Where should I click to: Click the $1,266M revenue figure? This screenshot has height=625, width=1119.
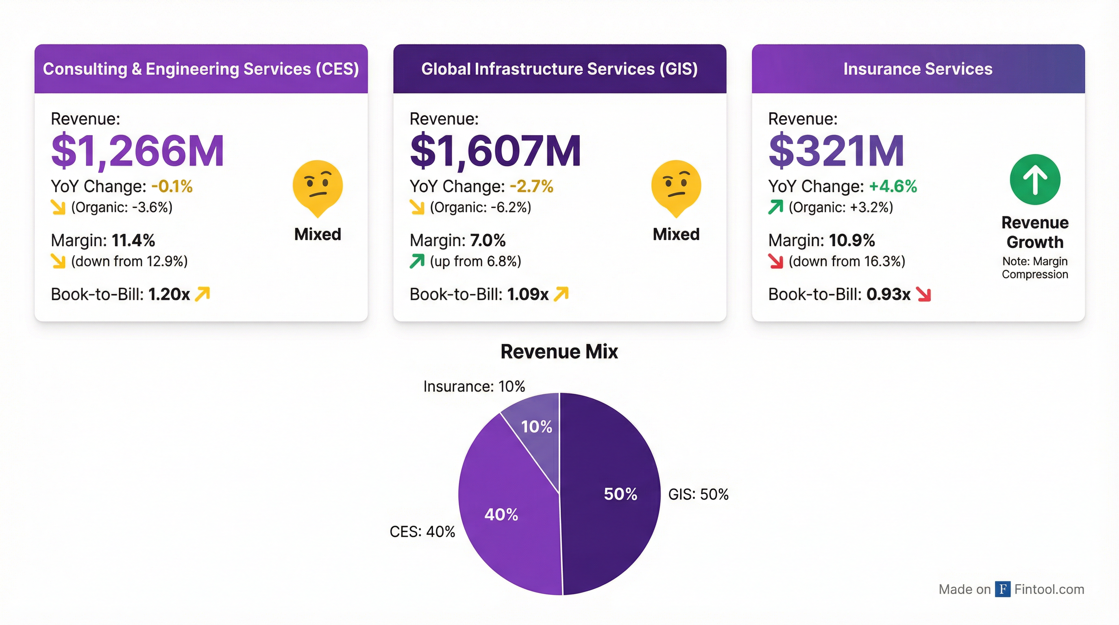click(x=137, y=151)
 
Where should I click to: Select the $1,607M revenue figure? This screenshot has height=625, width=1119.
click(x=495, y=151)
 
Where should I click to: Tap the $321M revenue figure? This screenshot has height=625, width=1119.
click(x=836, y=151)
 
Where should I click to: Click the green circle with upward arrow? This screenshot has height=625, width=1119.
click(x=1035, y=179)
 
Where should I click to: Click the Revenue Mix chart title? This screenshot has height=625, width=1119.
click(x=559, y=351)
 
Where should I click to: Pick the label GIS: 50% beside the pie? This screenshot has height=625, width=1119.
click(x=698, y=494)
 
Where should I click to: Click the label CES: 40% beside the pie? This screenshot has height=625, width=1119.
click(x=422, y=531)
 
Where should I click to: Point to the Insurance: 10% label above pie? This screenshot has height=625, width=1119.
click(x=474, y=386)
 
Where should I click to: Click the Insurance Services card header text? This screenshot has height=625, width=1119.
click(x=918, y=69)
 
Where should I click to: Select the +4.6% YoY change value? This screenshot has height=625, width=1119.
click(x=893, y=186)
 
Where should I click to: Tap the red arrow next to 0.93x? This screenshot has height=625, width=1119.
click(x=923, y=294)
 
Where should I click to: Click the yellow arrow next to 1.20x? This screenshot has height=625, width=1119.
click(x=202, y=294)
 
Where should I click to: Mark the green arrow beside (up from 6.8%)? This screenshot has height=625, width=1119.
click(x=417, y=261)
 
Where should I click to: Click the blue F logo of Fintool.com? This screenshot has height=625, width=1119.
click(x=1003, y=589)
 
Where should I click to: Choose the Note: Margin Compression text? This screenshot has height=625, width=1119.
click(x=1035, y=268)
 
